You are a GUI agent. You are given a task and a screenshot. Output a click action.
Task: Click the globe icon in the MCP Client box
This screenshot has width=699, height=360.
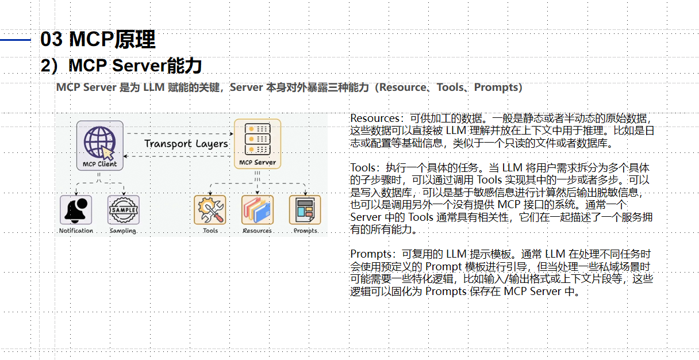pyautogui.click(x=99, y=142)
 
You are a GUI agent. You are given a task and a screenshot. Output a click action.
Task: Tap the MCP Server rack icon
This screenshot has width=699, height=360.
pyautogui.click(x=258, y=139)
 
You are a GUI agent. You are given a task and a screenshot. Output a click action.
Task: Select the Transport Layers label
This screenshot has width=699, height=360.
pyautogui.click(x=186, y=144)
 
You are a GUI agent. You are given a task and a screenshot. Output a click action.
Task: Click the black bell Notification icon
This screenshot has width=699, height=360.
pyautogui.click(x=76, y=210)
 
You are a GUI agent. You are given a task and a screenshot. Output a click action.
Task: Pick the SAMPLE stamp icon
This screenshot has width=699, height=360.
pyautogui.click(x=124, y=210)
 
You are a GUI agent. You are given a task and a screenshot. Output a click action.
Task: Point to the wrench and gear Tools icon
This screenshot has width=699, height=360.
pyautogui.click(x=210, y=210)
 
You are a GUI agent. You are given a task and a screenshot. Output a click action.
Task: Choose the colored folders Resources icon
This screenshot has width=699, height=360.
pyautogui.click(x=258, y=210)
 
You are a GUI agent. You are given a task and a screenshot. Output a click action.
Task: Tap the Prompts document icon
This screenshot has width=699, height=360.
pyautogui.click(x=305, y=210)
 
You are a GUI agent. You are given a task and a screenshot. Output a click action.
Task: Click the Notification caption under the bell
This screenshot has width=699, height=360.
pyautogui.click(x=76, y=231)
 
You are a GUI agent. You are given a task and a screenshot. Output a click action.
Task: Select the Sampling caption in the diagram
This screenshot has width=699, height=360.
pyautogui.click(x=123, y=231)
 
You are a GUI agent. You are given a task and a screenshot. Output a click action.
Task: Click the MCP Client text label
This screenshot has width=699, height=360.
pyautogui.click(x=99, y=164)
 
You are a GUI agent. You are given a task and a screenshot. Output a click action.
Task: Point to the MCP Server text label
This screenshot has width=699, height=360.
pyautogui.click(x=258, y=162)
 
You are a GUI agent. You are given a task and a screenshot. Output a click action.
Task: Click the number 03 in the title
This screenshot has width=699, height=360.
pyautogui.click(x=52, y=39)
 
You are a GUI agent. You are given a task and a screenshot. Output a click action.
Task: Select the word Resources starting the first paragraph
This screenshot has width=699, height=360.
pyautogui.click(x=375, y=118)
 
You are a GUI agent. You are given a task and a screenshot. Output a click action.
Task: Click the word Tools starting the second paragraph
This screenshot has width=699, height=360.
pyautogui.click(x=363, y=168)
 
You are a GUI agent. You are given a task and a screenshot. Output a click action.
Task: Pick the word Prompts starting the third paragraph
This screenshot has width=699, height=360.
pyautogui.click(x=371, y=254)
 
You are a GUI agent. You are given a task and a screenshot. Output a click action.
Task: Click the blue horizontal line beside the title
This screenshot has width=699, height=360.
pyautogui.click(x=16, y=40)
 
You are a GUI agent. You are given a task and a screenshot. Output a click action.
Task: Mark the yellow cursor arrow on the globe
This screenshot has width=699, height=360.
pyautogui.click(x=107, y=152)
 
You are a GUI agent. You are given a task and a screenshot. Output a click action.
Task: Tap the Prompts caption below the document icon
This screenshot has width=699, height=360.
pyautogui.click(x=306, y=231)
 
